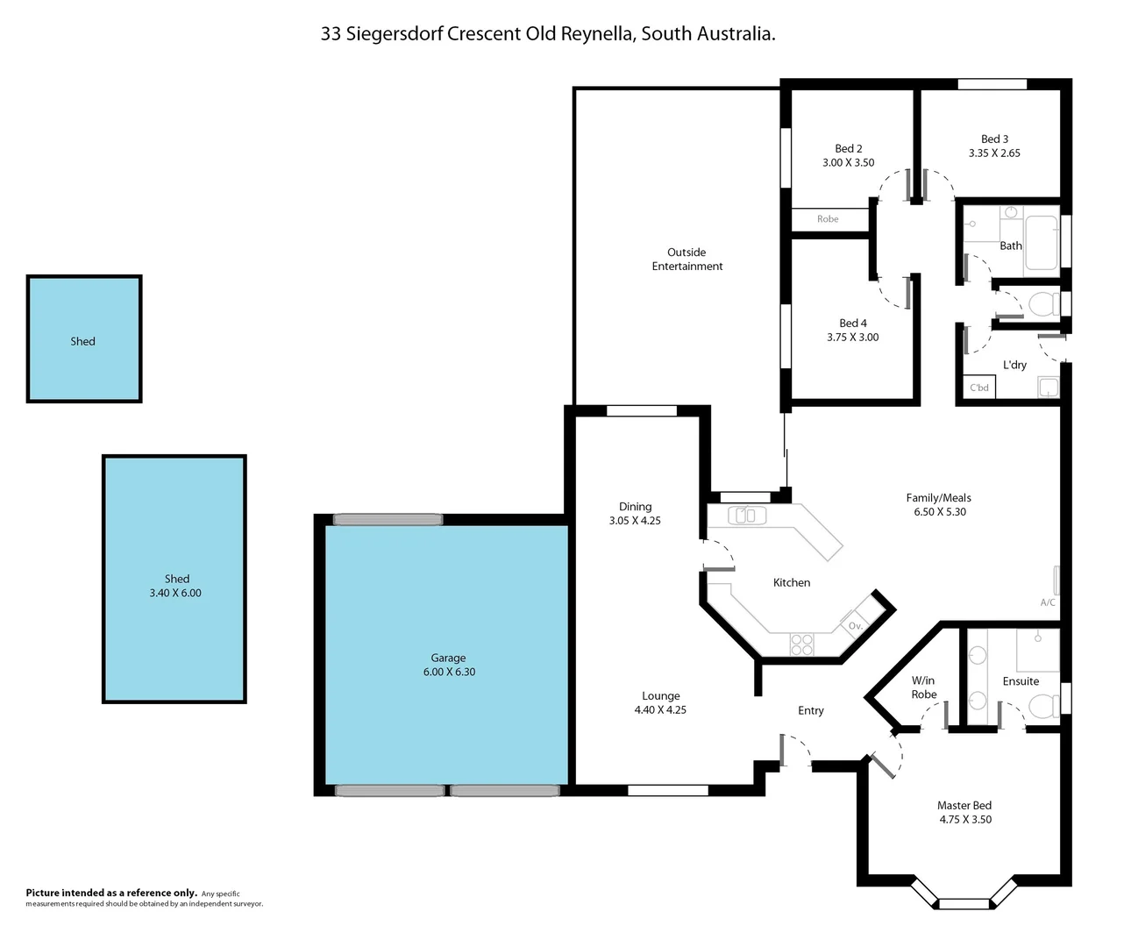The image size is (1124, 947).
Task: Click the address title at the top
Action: [548, 34]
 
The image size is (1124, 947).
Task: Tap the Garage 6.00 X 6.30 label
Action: [448, 665]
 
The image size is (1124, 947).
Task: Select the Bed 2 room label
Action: [848, 149]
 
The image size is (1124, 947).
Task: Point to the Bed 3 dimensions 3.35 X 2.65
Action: [994, 153]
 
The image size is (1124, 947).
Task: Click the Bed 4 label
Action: [852, 324]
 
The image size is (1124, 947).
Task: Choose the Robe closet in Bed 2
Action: [828, 219]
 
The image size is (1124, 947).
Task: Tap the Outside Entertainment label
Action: [686, 260]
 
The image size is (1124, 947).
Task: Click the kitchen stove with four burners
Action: [801, 644]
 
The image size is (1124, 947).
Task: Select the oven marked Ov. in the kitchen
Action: [856, 625]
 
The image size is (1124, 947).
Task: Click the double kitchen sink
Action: [745, 516]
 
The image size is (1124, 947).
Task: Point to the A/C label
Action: [1048, 602]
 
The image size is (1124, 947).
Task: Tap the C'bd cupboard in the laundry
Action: [979, 388]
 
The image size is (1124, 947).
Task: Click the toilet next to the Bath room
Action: [1042, 304]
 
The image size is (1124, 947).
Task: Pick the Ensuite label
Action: [1021, 681]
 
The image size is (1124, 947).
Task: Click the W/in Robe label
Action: [923, 687]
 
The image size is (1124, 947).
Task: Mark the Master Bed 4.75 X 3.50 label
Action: [964, 812]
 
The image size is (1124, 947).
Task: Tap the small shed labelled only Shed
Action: [83, 341]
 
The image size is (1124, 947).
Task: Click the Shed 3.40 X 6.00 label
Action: [175, 586]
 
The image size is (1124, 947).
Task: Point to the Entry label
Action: [810, 710]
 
